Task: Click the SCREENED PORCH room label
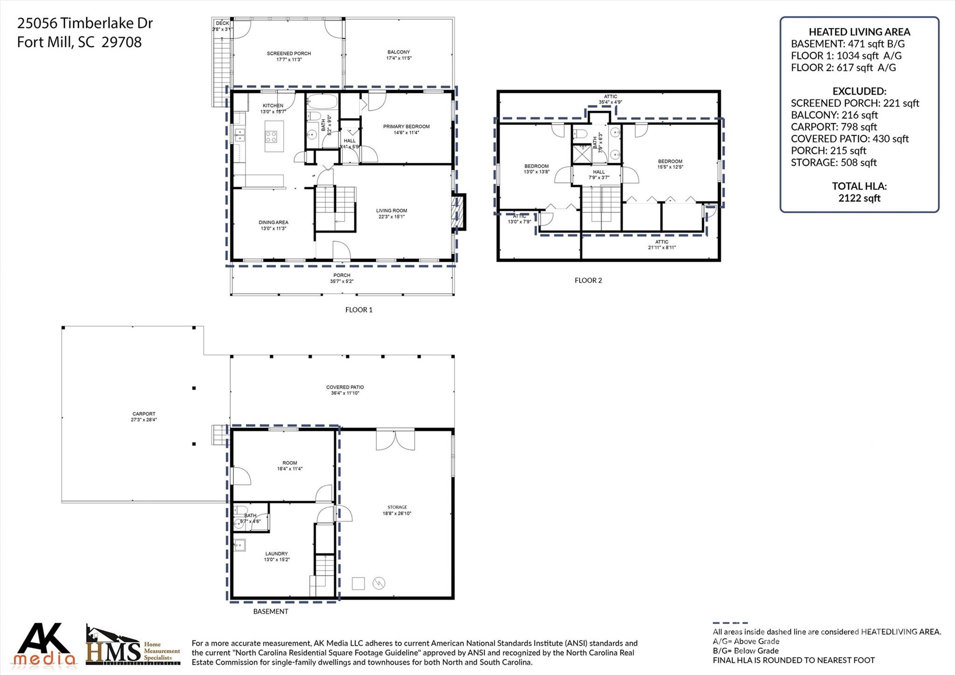289,54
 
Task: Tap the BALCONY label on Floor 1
399,52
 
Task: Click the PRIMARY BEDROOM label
406,126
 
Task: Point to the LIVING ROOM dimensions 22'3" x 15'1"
391,217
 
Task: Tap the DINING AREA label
273,223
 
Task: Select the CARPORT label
144,414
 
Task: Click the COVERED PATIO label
345,387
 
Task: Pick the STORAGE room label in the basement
397,507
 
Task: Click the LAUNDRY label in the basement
277,554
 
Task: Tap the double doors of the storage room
395,440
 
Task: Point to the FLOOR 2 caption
588,280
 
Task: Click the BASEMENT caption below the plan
270,612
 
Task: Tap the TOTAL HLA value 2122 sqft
859,198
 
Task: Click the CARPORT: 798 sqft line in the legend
833,127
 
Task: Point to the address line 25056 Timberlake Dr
85,23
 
